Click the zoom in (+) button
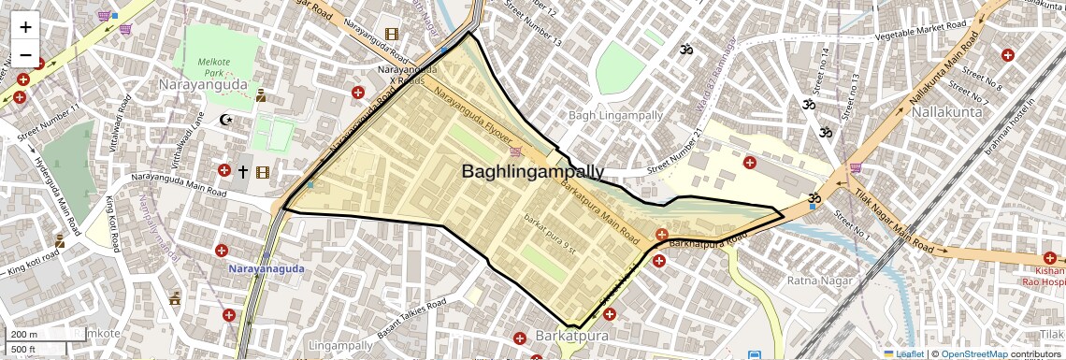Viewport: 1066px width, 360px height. [x=25, y=27]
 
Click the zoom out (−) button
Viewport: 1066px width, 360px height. [x=25, y=55]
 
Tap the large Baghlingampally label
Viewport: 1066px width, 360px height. [x=532, y=171]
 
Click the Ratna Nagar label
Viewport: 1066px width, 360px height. [x=790, y=280]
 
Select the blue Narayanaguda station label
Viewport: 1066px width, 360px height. [x=264, y=269]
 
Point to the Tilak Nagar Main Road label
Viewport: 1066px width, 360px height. [x=892, y=223]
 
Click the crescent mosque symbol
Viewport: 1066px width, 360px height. [x=224, y=120]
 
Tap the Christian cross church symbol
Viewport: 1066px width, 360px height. [x=243, y=171]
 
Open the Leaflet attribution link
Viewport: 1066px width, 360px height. [x=903, y=353]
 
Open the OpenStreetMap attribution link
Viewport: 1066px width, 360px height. [x=973, y=353]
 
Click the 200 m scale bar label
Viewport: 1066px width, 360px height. [x=24, y=334]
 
